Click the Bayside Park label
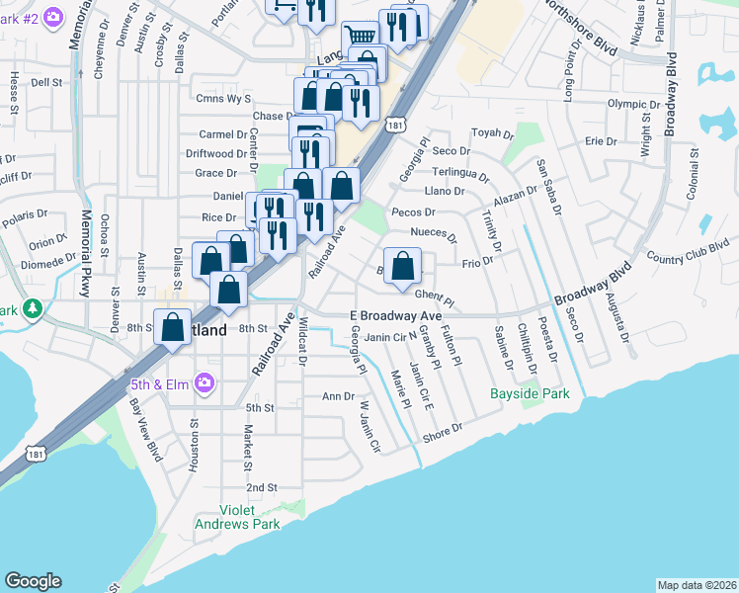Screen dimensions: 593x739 pos(531,393)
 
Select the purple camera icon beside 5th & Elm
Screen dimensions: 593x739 pos(205,382)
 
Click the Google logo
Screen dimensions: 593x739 pos(33,581)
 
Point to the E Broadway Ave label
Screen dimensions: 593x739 pos(395,315)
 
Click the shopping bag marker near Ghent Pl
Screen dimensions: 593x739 pos(403,267)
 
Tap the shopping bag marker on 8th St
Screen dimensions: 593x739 pos(173,327)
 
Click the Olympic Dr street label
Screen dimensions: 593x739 pos(633,104)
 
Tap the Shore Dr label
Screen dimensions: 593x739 pos(443,431)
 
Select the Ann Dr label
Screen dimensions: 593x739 pos(338,396)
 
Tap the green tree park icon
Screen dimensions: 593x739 pos(33,309)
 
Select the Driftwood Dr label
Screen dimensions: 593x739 pos(215,154)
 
